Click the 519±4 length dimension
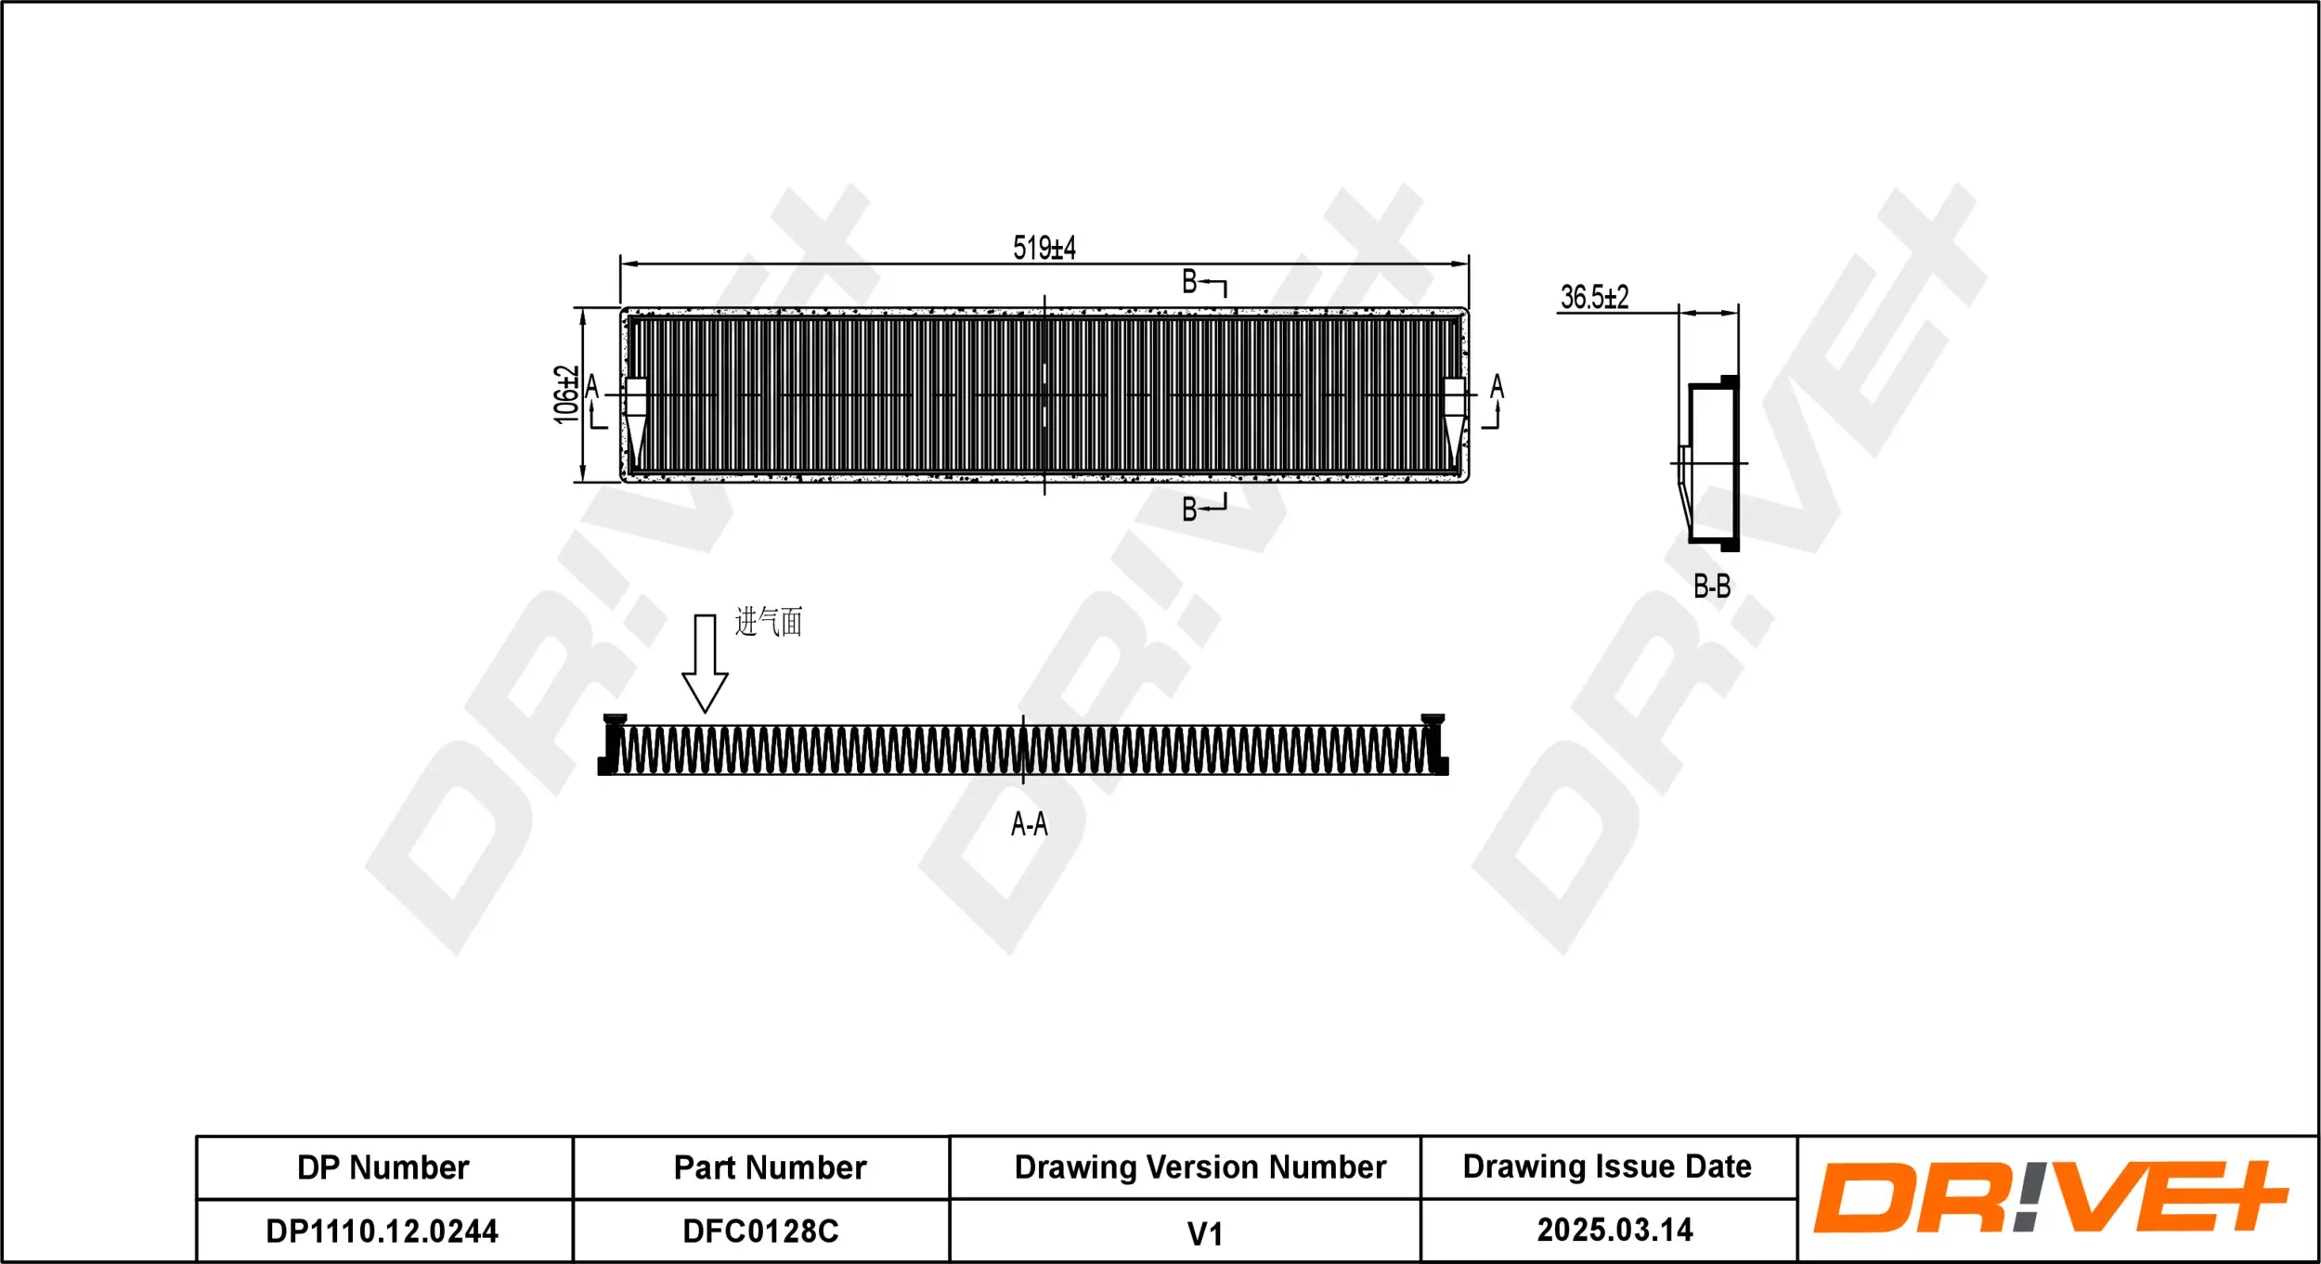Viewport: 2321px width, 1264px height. tap(1044, 248)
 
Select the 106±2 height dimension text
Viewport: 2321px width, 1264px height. tap(565, 394)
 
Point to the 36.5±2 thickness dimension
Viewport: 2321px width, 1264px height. tap(1594, 297)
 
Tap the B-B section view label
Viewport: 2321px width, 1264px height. tap(1711, 587)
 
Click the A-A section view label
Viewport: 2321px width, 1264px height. tap(1029, 824)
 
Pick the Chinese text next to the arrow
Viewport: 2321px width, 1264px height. tap(768, 622)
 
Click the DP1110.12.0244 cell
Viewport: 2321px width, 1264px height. tap(383, 1231)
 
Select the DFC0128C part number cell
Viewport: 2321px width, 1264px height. tap(760, 1231)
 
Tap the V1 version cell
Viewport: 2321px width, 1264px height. tap(1204, 1233)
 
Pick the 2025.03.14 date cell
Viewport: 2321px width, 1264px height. tap(1614, 1230)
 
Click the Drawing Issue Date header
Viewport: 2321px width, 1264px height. tap(1607, 1167)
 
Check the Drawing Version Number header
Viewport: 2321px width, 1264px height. tap(1199, 1167)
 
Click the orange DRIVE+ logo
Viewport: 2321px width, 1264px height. tap(2050, 1197)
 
